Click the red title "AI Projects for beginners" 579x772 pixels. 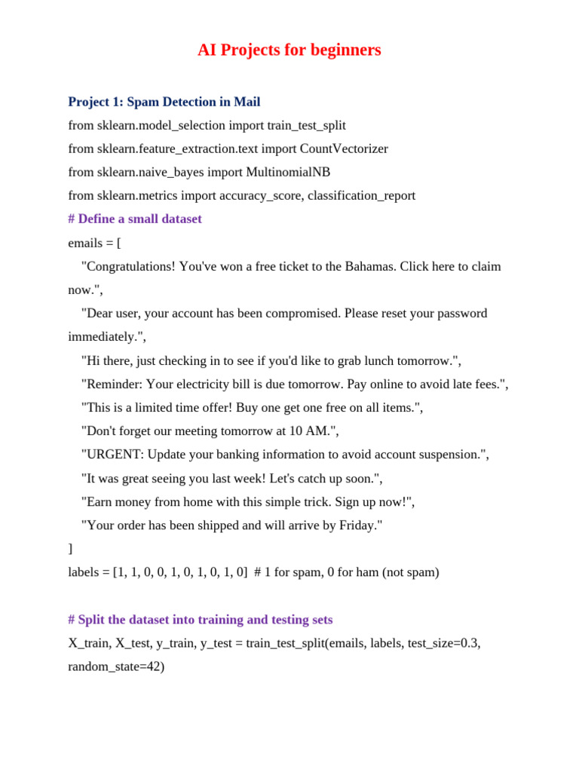coord(289,51)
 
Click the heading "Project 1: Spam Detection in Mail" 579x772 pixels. coord(164,102)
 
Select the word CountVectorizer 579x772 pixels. coord(344,149)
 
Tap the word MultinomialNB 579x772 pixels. coord(288,172)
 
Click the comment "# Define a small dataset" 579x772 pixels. coord(135,219)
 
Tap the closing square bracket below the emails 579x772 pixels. coord(71,549)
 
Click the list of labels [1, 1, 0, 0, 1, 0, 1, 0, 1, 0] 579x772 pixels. coord(180,572)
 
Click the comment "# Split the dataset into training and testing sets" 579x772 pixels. coord(200,620)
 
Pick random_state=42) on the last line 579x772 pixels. coord(116,666)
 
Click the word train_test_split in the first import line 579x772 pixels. coord(306,125)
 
